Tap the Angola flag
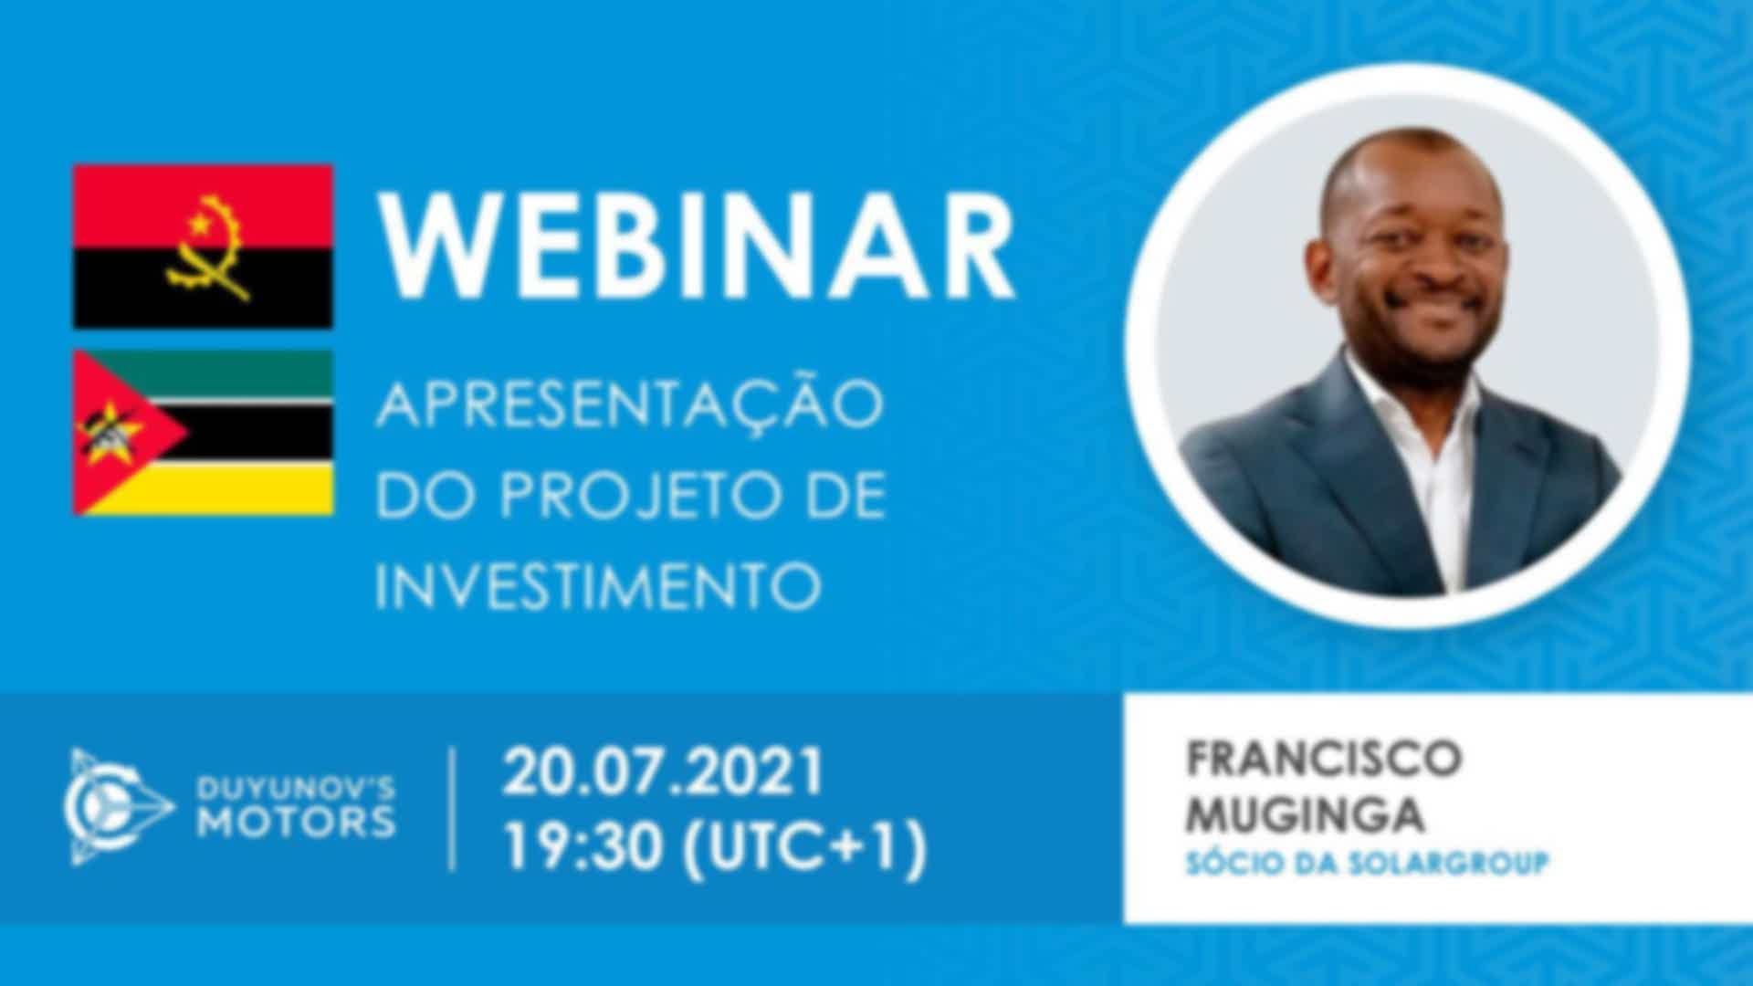click(203, 246)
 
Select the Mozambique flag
click(203, 433)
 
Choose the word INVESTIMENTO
click(598, 586)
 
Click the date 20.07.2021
click(663, 771)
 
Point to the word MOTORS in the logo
click(298, 822)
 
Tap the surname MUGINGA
click(1305, 814)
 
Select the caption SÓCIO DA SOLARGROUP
click(1367, 863)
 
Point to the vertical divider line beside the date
click(453, 809)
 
